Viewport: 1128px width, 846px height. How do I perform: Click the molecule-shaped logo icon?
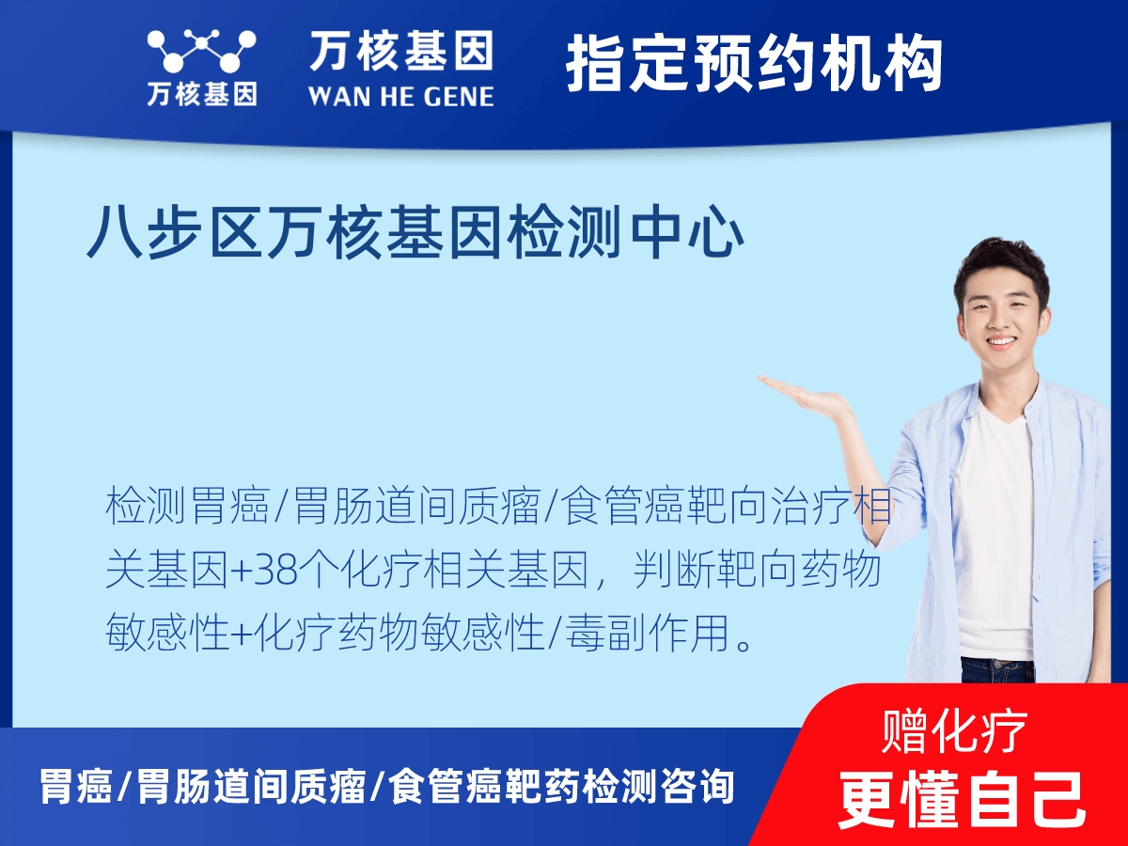pyautogui.click(x=201, y=52)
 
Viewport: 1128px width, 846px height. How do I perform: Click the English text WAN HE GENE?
pyautogui.click(x=401, y=95)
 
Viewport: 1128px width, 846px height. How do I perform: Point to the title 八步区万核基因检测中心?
pyautogui.click(x=415, y=233)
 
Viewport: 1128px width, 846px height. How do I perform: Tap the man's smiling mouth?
pyautogui.click(x=1001, y=342)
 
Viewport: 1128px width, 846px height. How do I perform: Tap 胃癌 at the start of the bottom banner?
pyautogui.click(x=75, y=787)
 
